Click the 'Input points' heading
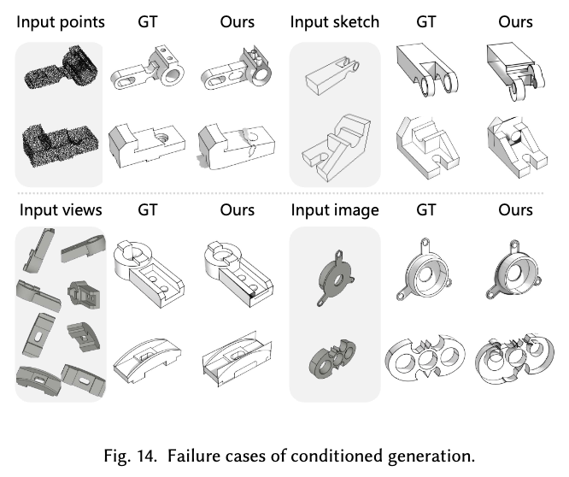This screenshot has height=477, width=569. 60,21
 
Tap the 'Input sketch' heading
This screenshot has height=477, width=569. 335,21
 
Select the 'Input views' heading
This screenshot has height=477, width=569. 59,209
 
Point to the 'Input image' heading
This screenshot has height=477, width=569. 333,209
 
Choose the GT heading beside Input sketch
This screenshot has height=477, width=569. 425,21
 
